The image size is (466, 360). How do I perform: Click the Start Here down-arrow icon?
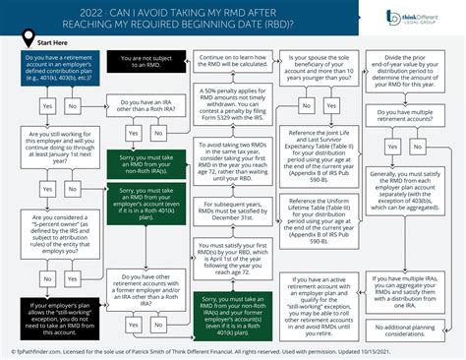pos(25,43)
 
